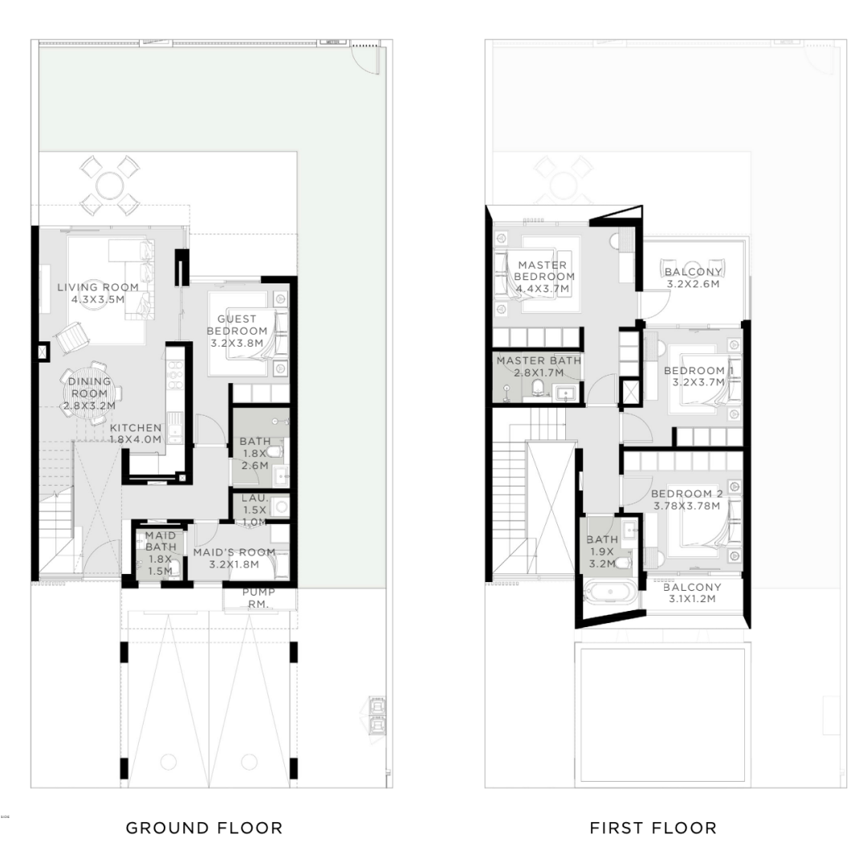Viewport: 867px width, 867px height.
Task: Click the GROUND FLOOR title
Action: click(x=204, y=828)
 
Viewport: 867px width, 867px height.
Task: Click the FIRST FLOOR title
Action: click(x=653, y=828)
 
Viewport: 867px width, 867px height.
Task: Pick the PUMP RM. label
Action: click(x=258, y=598)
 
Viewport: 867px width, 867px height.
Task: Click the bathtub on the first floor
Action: click(x=610, y=592)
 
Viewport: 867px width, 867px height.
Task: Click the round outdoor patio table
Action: click(x=109, y=185)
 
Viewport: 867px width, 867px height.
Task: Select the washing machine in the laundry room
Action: click(x=281, y=506)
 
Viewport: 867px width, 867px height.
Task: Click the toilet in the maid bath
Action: click(x=174, y=569)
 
